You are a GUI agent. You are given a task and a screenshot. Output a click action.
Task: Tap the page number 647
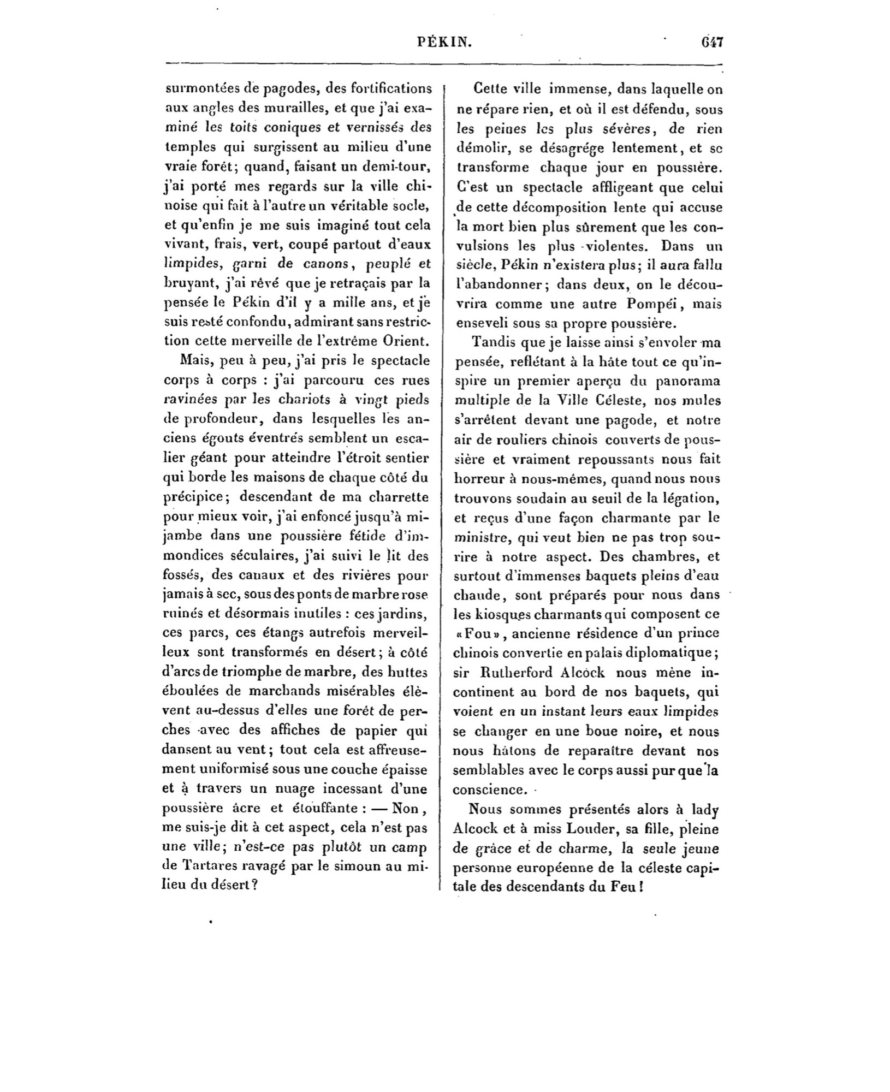711,42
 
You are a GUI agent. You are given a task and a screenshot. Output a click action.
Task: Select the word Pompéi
642,304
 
